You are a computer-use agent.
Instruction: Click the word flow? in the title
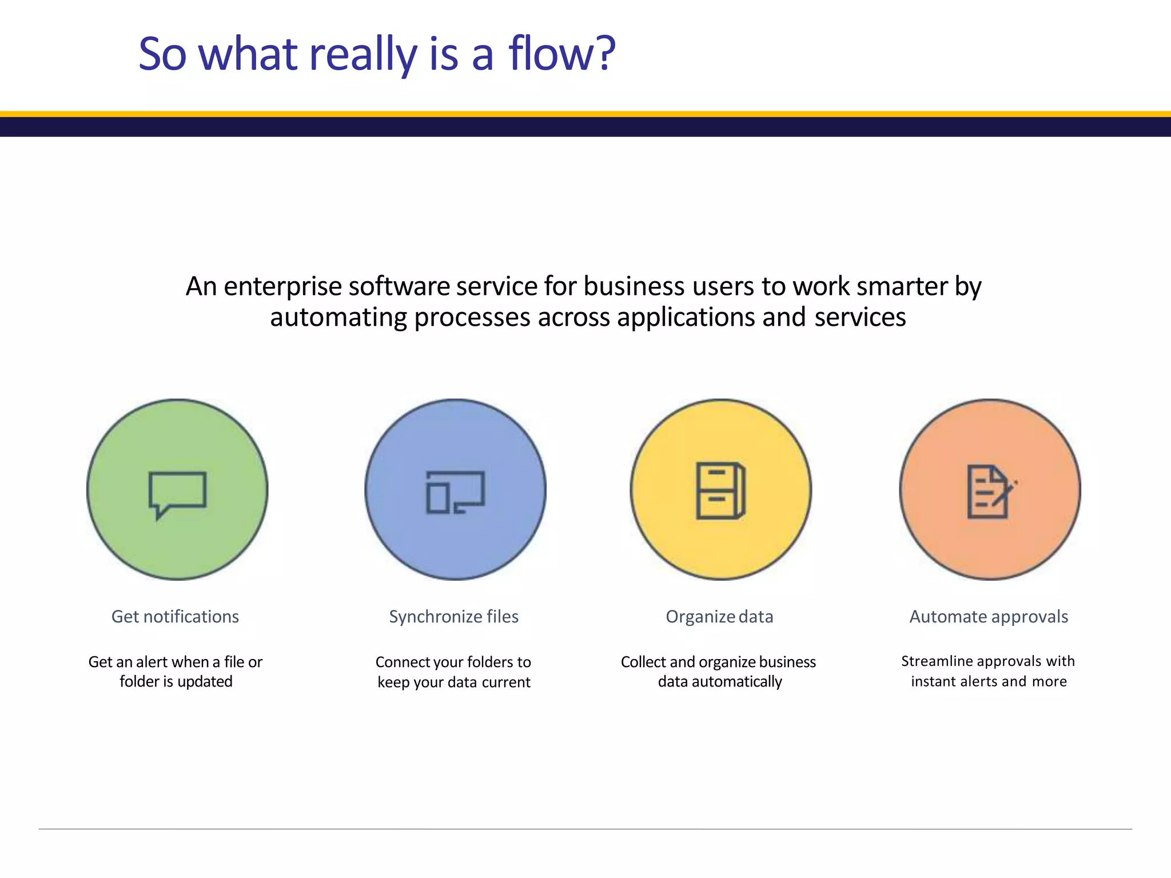coord(561,54)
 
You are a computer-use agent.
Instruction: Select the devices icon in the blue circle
coord(455,492)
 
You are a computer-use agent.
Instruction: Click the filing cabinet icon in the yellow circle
coord(720,490)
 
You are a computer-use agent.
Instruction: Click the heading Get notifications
coord(175,617)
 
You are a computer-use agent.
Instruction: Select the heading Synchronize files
coord(453,617)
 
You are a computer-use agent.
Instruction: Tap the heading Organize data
coord(719,617)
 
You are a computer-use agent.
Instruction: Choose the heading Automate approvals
coord(989,617)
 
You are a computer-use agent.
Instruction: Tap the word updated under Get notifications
coord(205,681)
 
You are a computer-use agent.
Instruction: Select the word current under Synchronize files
coord(506,682)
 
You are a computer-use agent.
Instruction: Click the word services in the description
coord(860,317)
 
